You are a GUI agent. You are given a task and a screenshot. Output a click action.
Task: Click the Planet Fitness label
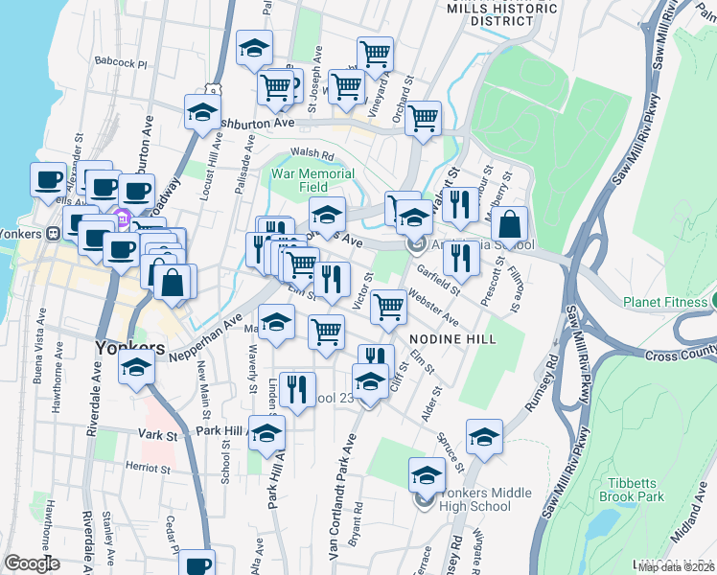click(x=664, y=302)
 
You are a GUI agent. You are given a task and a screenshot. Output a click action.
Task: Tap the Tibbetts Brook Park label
click(x=636, y=491)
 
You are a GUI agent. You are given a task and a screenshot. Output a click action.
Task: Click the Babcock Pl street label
click(x=121, y=64)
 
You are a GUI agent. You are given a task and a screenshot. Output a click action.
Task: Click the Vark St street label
click(x=160, y=435)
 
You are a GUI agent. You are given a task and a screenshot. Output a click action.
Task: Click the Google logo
click(x=33, y=563)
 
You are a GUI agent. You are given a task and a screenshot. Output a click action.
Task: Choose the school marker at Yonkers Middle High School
click(x=427, y=475)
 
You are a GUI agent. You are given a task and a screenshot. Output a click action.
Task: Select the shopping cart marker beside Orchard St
click(x=422, y=119)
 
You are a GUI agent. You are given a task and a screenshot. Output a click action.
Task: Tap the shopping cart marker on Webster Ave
click(x=388, y=307)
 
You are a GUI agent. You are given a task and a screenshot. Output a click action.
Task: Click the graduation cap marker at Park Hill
click(x=266, y=432)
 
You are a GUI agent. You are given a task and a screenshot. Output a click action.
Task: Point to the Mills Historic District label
click(x=502, y=12)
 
